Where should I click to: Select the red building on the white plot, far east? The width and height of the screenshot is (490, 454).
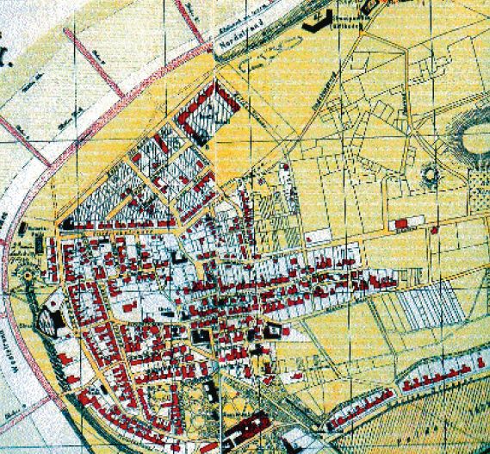click(x=400, y=225)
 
